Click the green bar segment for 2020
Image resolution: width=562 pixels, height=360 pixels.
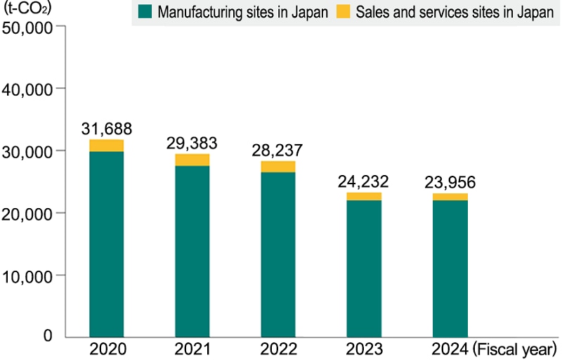point(107,244)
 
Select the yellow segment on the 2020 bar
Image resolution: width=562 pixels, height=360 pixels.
point(107,146)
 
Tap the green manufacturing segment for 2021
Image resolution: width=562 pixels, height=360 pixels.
point(192,251)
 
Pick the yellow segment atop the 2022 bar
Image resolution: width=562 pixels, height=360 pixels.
point(277,167)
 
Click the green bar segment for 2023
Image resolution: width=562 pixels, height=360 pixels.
point(364,269)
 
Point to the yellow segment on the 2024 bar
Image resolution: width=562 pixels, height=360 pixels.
point(450,197)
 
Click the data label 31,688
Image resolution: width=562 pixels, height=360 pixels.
point(107,129)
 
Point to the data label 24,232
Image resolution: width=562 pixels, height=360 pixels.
point(364,181)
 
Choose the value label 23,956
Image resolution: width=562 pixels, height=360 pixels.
point(450,182)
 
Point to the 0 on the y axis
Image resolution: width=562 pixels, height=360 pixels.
point(48,336)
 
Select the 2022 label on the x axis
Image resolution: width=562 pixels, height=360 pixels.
point(277,349)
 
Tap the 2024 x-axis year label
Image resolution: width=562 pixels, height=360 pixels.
point(450,349)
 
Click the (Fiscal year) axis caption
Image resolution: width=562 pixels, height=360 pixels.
point(516,349)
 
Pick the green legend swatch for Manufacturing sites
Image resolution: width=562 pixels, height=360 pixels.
point(145,12)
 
